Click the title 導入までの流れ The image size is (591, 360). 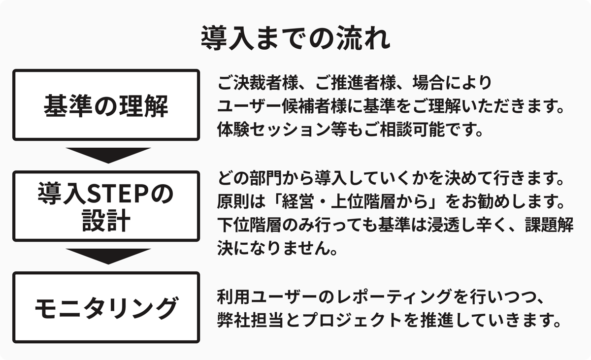click(x=295, y=38)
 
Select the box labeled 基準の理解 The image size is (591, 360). click(x=106, y=105)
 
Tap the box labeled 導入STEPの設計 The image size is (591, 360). click(x=106, y=206)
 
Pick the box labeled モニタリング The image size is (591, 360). click(x=106, y=307)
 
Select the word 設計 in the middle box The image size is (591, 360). click(x=105, y=220)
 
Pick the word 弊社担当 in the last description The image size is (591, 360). click(x=249, y=321)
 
